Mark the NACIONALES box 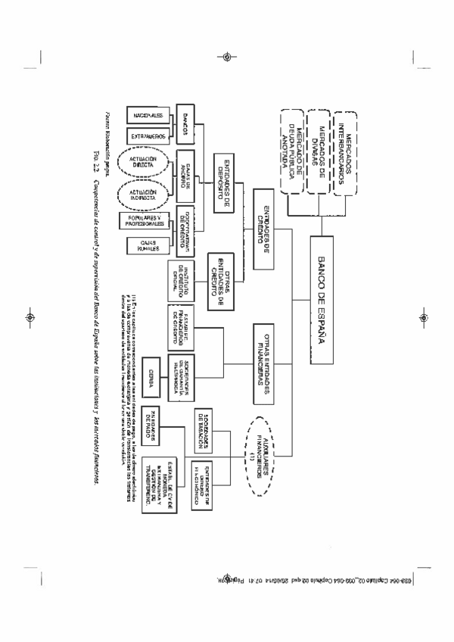coord(149,115)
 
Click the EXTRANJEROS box coord(149,136)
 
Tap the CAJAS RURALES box coord(149,246)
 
